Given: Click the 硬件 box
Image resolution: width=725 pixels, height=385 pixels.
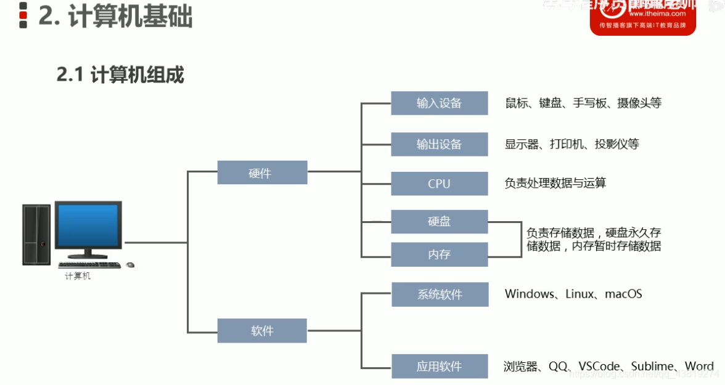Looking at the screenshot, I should [x=262, y=172].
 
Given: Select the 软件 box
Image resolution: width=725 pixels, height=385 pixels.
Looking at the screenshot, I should [x=262, y=331].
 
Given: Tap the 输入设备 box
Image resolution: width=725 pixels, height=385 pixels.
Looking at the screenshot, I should [x=439, y=103].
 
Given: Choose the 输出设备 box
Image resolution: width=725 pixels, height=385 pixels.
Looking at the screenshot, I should [x=439, y=144].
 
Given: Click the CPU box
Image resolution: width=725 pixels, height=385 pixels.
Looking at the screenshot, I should [x=439, y=184].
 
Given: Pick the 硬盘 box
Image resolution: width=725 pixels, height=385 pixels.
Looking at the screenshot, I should [x=439, y=221].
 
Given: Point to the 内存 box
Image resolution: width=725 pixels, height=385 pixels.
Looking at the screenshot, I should [x=439, y=254].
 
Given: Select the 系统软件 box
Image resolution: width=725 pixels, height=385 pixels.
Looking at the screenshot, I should [x=439, y=294].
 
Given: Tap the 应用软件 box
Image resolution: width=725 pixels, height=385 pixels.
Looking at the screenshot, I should [x=439, y=367].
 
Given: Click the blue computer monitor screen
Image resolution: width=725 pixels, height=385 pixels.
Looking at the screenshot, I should [x=88, y=225].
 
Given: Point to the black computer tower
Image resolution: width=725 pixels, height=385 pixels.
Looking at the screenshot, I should [x=36, y=235].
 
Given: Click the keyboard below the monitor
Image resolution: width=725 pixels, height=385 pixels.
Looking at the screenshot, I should [x=90, y=265].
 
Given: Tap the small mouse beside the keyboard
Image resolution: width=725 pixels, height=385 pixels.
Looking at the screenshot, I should [x=130, y=265].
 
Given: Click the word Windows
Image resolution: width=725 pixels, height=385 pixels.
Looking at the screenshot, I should [x=530, y=294].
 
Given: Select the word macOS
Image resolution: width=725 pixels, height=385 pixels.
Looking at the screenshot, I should [x=623, y=294].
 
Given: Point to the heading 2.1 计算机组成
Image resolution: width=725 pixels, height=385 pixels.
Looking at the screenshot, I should [x=120, y=75].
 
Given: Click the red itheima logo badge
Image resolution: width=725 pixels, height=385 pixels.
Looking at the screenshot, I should [x=642, y=17].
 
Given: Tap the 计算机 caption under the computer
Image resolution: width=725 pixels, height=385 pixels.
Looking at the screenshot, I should [x=78, y=277].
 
